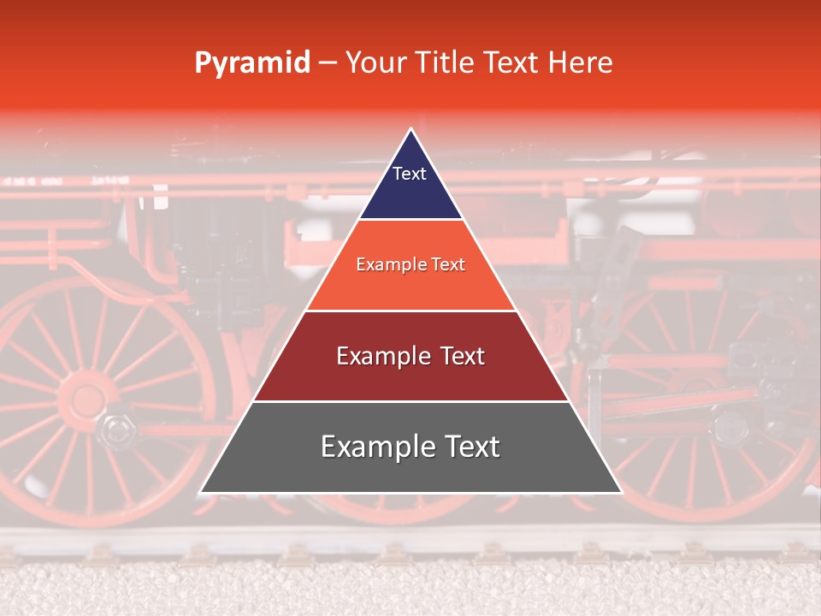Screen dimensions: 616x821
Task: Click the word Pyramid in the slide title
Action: coord(251,63)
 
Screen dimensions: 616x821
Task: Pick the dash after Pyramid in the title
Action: coord(328,63)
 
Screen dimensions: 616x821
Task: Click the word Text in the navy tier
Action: coord(410,174)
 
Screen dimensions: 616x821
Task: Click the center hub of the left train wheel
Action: coord(86,401)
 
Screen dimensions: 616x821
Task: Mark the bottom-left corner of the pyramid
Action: coord(201,492)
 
